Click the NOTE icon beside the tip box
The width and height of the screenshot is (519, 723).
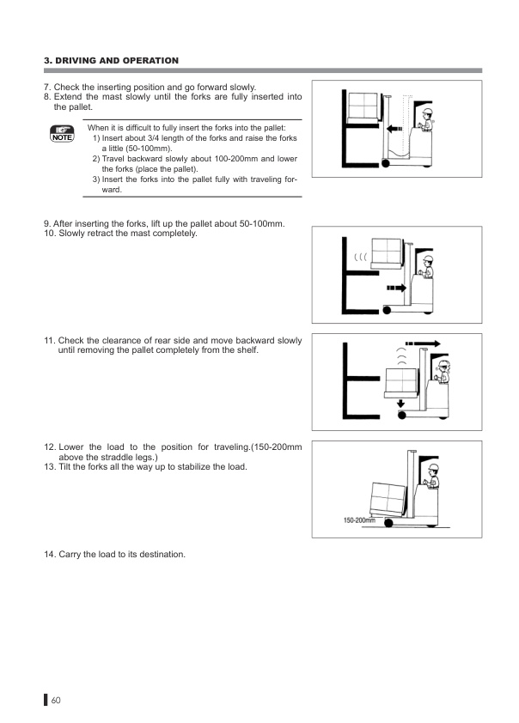63,132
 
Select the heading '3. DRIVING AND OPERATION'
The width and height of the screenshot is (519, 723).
111,60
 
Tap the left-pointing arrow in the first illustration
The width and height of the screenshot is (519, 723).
394,130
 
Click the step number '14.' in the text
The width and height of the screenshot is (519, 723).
49,555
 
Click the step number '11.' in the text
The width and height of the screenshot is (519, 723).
49,341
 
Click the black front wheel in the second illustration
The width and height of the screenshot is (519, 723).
387,309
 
